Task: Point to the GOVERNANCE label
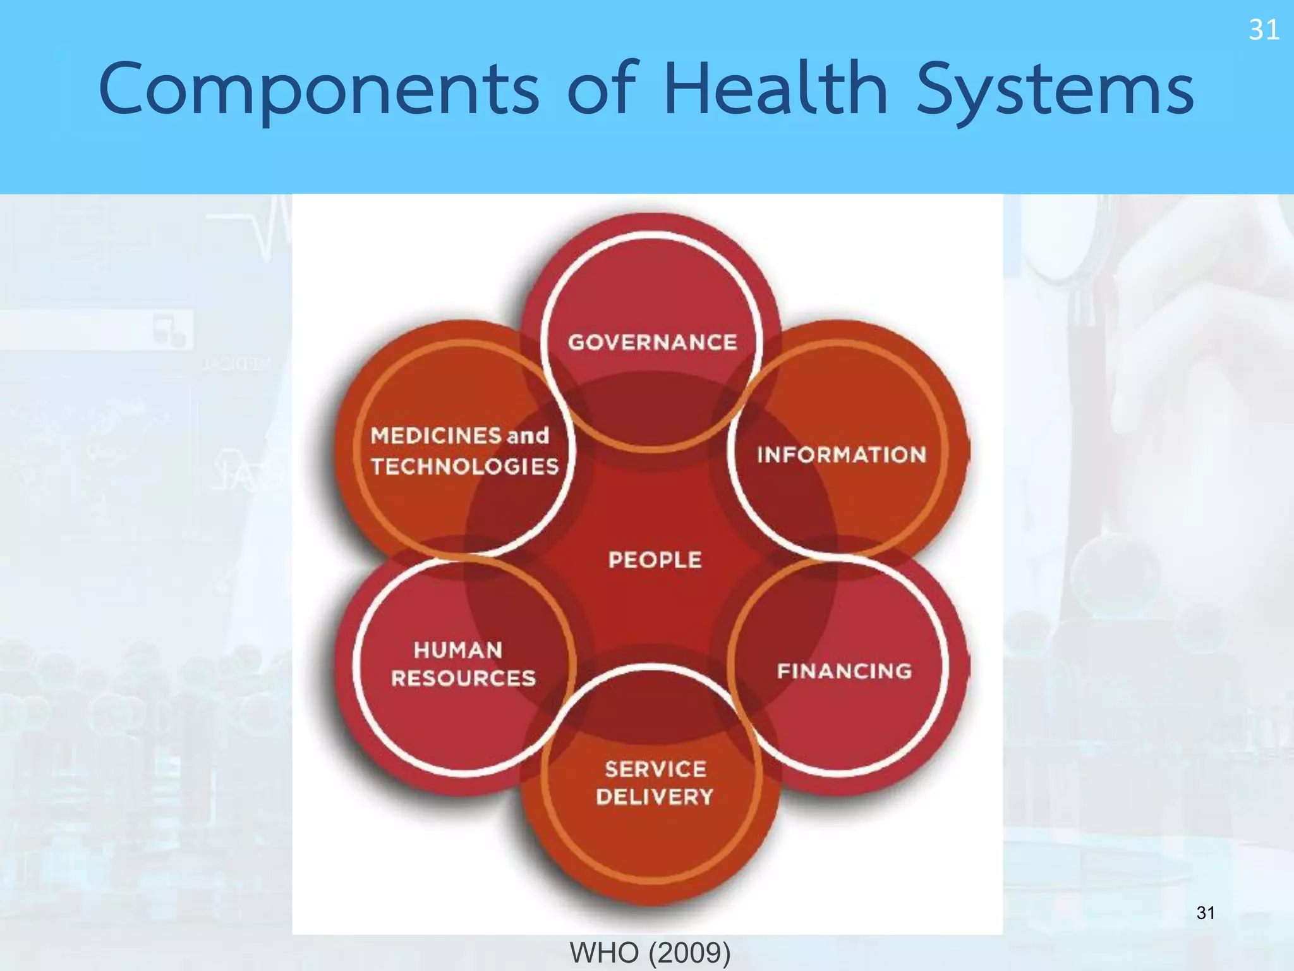653,343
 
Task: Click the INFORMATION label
842,455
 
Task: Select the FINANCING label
844,671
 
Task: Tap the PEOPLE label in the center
655,559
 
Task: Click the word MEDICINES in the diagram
436,436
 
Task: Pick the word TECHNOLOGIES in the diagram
464,467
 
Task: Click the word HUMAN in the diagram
458,650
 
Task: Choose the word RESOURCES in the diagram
463,678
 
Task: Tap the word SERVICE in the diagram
655,769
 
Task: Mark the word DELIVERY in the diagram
655,797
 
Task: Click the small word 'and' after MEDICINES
528,436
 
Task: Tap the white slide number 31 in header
1264,30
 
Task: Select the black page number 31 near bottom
1206,913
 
